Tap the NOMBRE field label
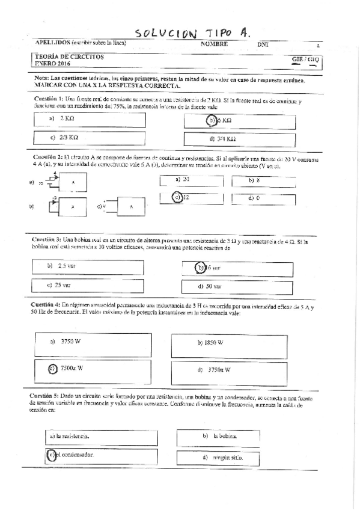pos(214,45)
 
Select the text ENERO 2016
pos(53,63)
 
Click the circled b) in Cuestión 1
pos(212,120)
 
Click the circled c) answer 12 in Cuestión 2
pos(178,197)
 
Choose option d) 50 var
pos(210,286)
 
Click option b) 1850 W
pos(211,342)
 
